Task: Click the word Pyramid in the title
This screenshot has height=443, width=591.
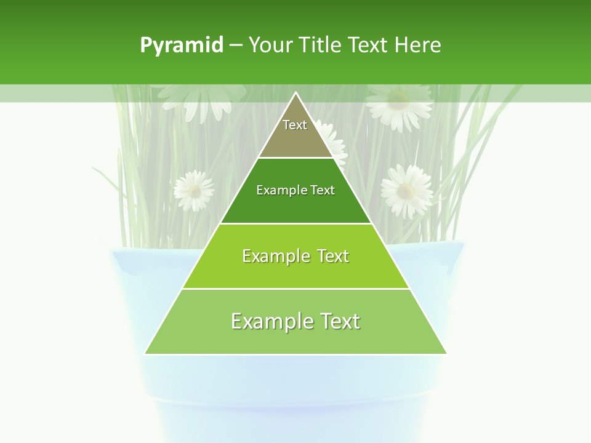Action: click(x=181, y=46)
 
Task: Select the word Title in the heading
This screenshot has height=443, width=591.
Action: click(x=320, y=46)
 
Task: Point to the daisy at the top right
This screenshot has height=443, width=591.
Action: click(x=399, y=103)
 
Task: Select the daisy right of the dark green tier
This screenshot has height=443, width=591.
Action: click(x=406, y=190)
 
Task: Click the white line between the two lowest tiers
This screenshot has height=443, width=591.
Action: click(x=295, y=289)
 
